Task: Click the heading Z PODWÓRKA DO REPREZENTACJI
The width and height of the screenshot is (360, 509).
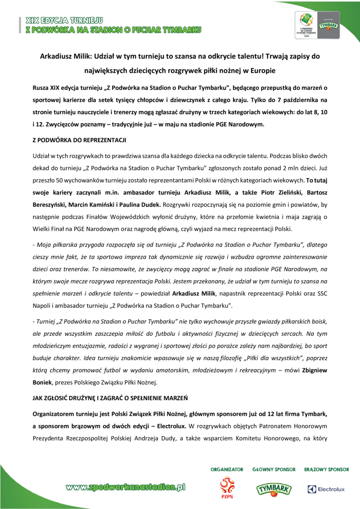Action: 79,140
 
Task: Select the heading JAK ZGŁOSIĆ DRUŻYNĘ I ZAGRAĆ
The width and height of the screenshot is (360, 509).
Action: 110,398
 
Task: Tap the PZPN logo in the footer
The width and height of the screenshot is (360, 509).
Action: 227,488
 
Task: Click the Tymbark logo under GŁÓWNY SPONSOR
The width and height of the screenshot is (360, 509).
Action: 274,488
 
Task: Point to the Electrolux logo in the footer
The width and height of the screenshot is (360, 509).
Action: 326,489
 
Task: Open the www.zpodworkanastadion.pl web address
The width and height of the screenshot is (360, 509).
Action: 126,486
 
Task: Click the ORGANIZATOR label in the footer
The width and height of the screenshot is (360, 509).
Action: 227,469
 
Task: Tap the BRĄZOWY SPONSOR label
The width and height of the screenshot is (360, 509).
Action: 326,469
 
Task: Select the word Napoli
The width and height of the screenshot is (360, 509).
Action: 43,306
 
